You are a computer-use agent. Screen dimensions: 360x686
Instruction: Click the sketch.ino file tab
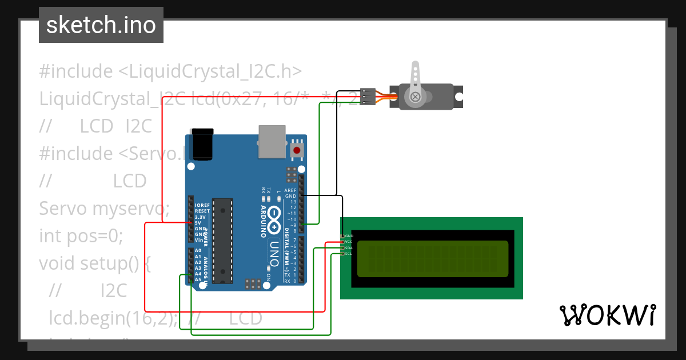[101, 25]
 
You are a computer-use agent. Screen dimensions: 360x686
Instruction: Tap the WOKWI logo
[607, 315]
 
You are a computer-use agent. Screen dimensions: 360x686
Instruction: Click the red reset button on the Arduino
[297, 150]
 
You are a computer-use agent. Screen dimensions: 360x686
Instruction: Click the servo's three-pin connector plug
[368, 97]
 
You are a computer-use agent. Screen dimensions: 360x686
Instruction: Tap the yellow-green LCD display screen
[432, 258]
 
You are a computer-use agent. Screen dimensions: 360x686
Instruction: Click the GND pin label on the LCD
[349, 235]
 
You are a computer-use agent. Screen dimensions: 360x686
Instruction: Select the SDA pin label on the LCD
[349, 248]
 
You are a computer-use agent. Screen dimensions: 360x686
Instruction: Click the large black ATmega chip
[222, 241]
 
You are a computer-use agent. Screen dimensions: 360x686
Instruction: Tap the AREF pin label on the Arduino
[290, 190]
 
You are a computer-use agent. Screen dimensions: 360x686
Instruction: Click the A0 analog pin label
[198, 250]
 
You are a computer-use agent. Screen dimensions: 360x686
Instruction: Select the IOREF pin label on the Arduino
[202, 205]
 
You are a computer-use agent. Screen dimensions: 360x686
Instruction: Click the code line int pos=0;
[81, 235]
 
